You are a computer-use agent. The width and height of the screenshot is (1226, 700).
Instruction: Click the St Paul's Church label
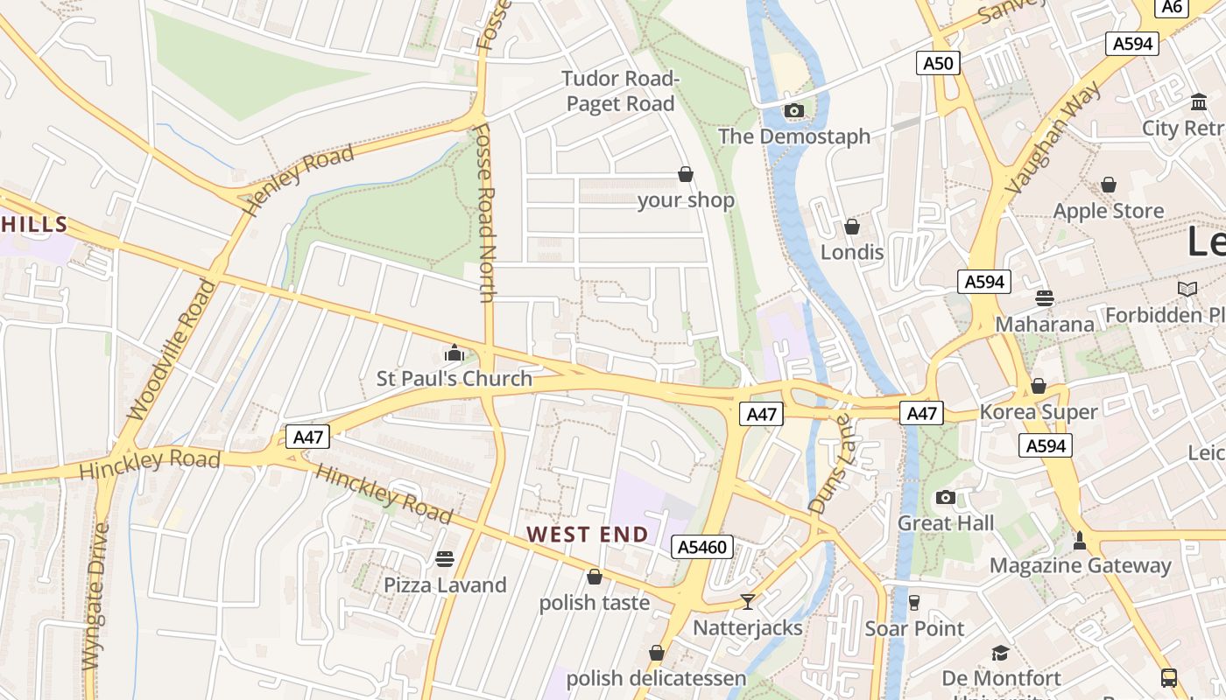(x=454, y=379)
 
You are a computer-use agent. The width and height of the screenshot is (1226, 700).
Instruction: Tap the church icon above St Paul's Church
(x=454, y=353)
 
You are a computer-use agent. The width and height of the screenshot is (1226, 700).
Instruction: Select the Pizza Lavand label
(x=445, y=585)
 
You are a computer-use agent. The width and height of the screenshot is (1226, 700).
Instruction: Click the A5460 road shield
(x=701, y=548)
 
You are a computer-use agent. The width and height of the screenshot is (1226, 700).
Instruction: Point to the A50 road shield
(x=938, y=63)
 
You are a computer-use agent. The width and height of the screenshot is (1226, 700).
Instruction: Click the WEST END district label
(x=588, y=535)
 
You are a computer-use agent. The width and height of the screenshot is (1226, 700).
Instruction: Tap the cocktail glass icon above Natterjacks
(x=747, y=602)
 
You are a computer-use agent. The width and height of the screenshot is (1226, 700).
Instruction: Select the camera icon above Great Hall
(x=945, y=498)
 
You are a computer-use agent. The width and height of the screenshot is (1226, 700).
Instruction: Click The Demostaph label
(x=794, y=136)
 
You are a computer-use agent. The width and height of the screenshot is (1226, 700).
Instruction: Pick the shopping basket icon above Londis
(x=851, y=227)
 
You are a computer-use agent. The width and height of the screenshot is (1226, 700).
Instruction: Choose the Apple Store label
(x=1108, y=211)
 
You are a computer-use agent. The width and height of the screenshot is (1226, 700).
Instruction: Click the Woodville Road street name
(x=171, y=350)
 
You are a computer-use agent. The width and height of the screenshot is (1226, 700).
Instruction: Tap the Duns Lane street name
(x=829, y=464)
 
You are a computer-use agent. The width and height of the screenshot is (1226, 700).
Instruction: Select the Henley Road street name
(x=300, y=178)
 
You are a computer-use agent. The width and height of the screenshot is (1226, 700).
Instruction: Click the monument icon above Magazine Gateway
(x=1080, y=540)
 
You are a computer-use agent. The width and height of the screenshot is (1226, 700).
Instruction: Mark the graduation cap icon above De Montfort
(x=1000, y=654)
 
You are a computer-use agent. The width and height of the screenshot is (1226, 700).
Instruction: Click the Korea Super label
(x=1039, y=412)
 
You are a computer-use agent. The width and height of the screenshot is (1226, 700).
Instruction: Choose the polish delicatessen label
(x=656, y=679)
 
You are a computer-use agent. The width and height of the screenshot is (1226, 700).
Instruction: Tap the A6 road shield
(x=1172, y=7)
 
